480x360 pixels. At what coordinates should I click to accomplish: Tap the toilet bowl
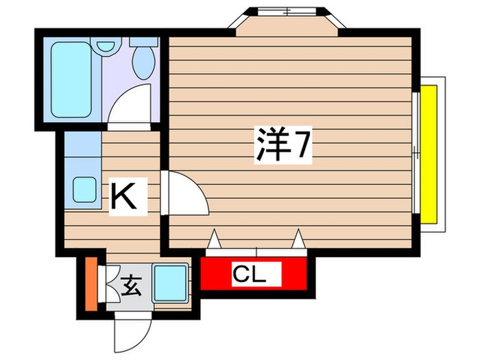[145, 61]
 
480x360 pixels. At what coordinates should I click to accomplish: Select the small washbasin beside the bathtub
[106, 47]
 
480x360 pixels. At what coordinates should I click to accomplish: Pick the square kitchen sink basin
[84, 188]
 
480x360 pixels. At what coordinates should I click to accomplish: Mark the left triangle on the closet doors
[214, 239]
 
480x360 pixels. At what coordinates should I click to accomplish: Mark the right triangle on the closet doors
[298, 239]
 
